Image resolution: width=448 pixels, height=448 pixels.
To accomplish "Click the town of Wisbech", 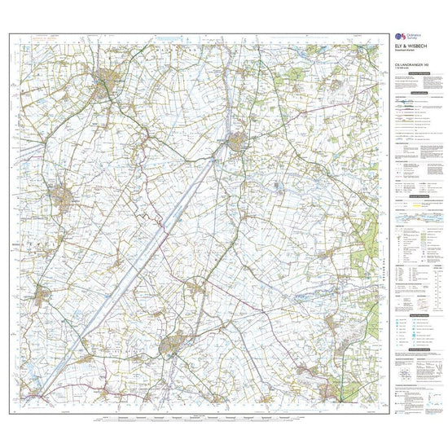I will [x=107, y=81].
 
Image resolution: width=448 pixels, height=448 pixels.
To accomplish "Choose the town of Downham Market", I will [x=237, y=144].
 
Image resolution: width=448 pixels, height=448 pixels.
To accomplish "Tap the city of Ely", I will [x=172, y=345].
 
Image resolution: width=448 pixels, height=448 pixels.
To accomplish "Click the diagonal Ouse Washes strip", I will [x=147, y=253].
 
